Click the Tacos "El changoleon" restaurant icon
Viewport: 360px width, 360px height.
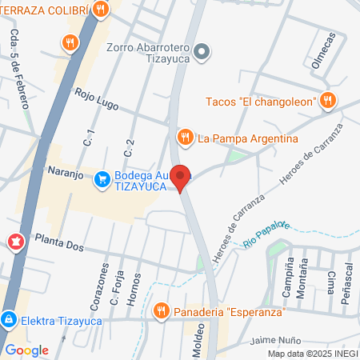click(x=327, y=101)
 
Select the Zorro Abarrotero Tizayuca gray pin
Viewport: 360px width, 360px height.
click(x=202, y=53)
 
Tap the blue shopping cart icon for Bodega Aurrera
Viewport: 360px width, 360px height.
click(x=102, y=178)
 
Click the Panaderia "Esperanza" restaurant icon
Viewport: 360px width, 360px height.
click(x=161, y=310)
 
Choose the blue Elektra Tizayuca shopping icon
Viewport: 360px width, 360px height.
click(x=8, y=319)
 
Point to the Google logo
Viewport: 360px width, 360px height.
click(x=26, y=350)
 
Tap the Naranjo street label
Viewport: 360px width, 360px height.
click(x=58, y=170)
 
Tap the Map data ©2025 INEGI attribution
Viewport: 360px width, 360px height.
click(x=312, y=353)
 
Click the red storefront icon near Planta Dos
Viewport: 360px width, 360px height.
click(x=14, y=241)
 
